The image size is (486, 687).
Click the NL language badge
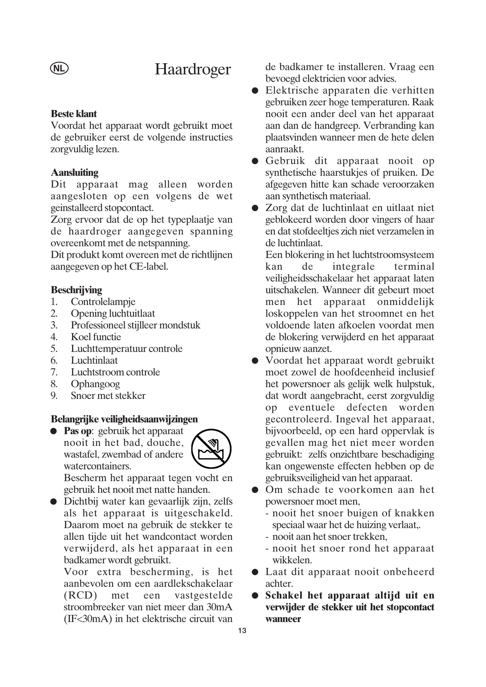(59, 69)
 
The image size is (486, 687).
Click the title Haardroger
(192, 69)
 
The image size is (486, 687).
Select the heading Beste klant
(74, 114)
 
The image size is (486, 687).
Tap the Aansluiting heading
(74, 173)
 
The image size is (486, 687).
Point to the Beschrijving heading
(76, 290)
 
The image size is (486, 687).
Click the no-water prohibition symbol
(211, 449)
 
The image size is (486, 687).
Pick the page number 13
(243, 631)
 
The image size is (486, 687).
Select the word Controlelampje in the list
(103, 302)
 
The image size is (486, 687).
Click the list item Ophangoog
(95, 384)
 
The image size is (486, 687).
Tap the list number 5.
(54, 349)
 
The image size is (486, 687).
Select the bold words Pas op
(78, 431)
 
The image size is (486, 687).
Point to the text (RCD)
(80, 595)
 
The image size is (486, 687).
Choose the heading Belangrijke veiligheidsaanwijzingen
(124, 419)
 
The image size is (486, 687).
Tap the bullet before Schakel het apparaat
(255, 596)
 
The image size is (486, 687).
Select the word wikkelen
(292, 560)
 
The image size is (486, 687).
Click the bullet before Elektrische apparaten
(255, 91)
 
